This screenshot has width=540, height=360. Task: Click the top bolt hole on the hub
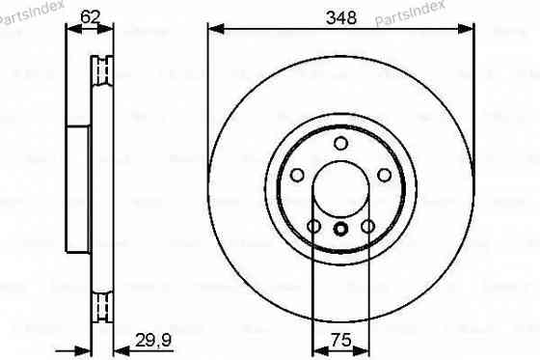(x=340, y=143)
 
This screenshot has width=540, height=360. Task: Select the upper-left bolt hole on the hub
(x=297, y=175)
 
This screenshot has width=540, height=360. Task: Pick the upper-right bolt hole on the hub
(x=384, y=175)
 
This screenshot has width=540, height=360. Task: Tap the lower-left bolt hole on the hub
(x=313, y=226)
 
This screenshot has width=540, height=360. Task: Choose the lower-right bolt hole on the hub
(x=367, y=226)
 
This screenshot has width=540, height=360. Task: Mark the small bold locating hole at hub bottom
(x=340, y=229)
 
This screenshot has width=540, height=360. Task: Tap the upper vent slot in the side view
(x=96, y=69)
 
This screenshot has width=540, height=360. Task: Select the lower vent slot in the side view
(x=96, y=306)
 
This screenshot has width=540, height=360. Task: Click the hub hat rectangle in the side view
(x=79, y=188)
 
